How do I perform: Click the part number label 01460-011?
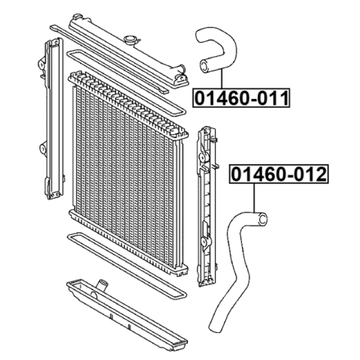coord(241,98)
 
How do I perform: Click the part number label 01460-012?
coord(279,174)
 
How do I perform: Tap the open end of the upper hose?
coord(204,66)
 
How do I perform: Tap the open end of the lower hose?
coord(263,218)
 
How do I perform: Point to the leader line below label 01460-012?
coord(254,198)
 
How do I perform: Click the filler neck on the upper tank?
coord(130,40)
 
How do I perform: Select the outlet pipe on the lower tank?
coord(102,285)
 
